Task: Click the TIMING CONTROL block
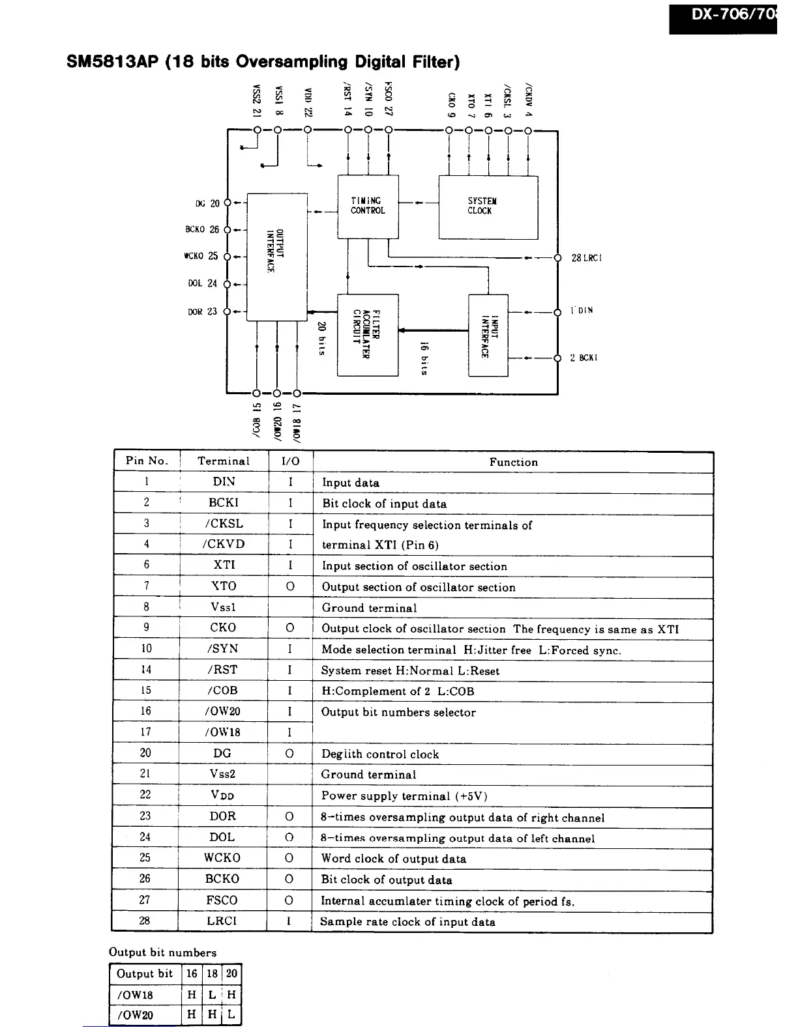368,207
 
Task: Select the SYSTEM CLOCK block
488,207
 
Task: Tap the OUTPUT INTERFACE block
277,257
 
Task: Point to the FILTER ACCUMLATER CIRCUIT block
367,334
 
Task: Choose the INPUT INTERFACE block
488,335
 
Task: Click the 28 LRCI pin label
586,258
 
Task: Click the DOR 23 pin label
202,312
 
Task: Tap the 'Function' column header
513,462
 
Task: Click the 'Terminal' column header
224,461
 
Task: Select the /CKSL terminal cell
224,523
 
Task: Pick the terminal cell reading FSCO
222,900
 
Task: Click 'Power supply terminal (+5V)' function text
404,795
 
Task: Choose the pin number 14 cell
146,669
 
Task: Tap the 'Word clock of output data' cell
394,859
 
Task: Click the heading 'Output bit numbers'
162,952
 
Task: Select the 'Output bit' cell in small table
145,974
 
